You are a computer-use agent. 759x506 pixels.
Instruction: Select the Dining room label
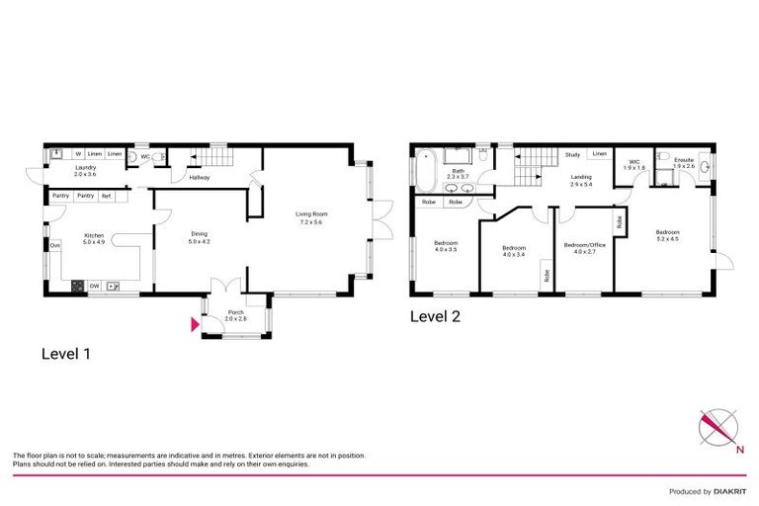(x=200, y=234)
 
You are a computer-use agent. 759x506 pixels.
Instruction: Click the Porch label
(x=235, y=312)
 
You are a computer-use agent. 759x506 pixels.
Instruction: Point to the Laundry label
(x=86, y=168)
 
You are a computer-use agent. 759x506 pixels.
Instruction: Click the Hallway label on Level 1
(x=200, y=178)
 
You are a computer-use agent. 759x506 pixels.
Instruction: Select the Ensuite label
(x=684, y=161)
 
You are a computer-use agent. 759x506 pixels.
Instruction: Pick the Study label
(x=572, y=155)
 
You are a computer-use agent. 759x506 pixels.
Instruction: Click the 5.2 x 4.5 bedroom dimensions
(x=668, y=238)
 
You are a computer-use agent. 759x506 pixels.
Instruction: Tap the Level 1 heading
(x=65, y=353)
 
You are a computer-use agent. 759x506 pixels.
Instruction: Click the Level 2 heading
(x=435, y=317)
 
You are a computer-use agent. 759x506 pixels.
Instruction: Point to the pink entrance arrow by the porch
(x=195, y=321)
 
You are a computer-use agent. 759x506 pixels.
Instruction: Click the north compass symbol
(x=717, y=429)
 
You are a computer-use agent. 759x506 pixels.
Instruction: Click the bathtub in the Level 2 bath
(x=426, y=170)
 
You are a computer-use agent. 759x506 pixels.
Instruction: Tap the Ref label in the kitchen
(x=107, y=197)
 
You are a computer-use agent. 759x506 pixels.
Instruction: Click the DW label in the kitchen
(x=93, y=287)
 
